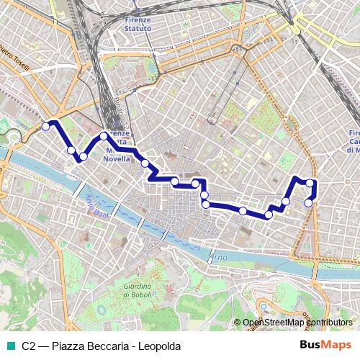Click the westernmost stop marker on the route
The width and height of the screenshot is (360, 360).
(x=45, y=126)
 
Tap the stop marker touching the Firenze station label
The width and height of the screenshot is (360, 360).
(x=104, y=135)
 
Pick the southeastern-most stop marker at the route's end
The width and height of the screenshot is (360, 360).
(x=309, y=202)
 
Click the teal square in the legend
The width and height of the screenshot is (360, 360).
(x=9, y=346)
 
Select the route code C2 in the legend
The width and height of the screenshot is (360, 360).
(x=29, y=346)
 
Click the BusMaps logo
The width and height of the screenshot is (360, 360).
(x=326, y=345)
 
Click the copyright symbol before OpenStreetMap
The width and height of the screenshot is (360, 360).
(x=238, y=323)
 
